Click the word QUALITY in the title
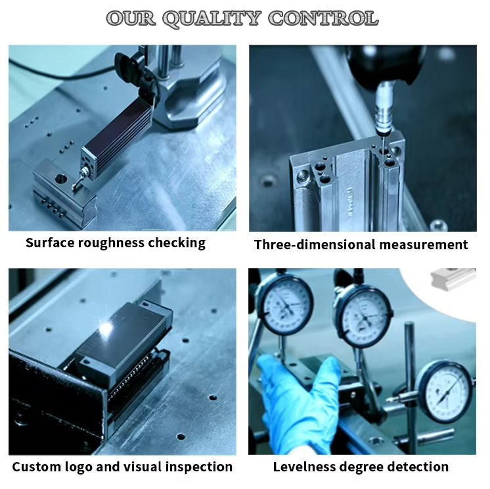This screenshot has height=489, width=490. tap(212, 19)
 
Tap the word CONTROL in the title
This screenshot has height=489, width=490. tap(323, 18)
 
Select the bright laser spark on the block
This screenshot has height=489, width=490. tap(106, 328)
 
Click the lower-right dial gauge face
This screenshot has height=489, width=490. tap(445, 392)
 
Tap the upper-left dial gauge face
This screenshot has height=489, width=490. tap(284, 304)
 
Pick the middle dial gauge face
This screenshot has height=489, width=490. tap(363, 316)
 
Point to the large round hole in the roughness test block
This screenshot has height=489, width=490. tap(61, 179)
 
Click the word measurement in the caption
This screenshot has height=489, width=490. tap(424, 244)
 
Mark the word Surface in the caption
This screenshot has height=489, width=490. tap(50, 243)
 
